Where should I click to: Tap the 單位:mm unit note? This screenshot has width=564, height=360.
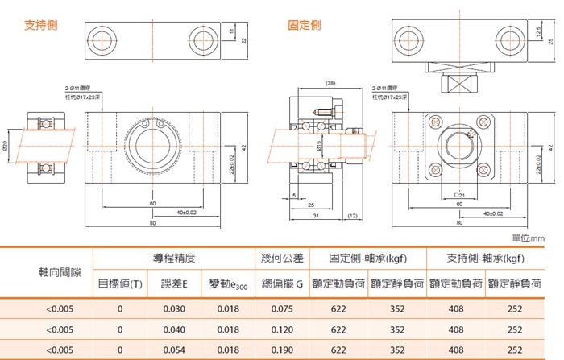pos(529,238)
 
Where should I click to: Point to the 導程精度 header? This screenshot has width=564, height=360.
pos(174,258)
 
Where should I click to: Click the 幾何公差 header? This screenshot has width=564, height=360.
pos(282,258)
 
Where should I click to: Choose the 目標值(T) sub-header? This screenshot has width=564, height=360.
pos(120,283)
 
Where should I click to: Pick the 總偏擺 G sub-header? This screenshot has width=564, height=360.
pos(282,283)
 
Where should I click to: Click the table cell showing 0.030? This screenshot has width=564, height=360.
pos(174,308)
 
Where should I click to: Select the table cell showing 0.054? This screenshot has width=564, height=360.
pos(174,350)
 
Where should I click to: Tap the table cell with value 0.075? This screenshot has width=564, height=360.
pos(282,308)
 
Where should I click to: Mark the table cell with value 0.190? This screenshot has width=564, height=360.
pos(282,350)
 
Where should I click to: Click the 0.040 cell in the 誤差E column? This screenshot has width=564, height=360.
pos(174,329)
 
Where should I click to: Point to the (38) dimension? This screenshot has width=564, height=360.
pos(330,84)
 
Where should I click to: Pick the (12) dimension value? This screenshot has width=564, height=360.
pos(352,216)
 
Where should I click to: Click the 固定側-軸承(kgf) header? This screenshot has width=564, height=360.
pos(367,258)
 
